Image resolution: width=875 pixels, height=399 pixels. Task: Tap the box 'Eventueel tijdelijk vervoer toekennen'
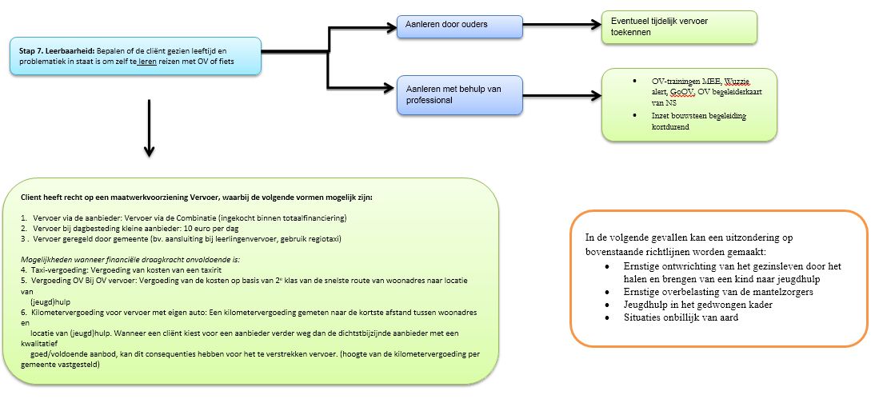click(679, 27)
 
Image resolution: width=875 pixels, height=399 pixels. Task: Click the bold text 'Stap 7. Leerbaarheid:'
click(56, 50)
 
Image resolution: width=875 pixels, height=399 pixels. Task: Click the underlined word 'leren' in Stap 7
click(146, 61)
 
